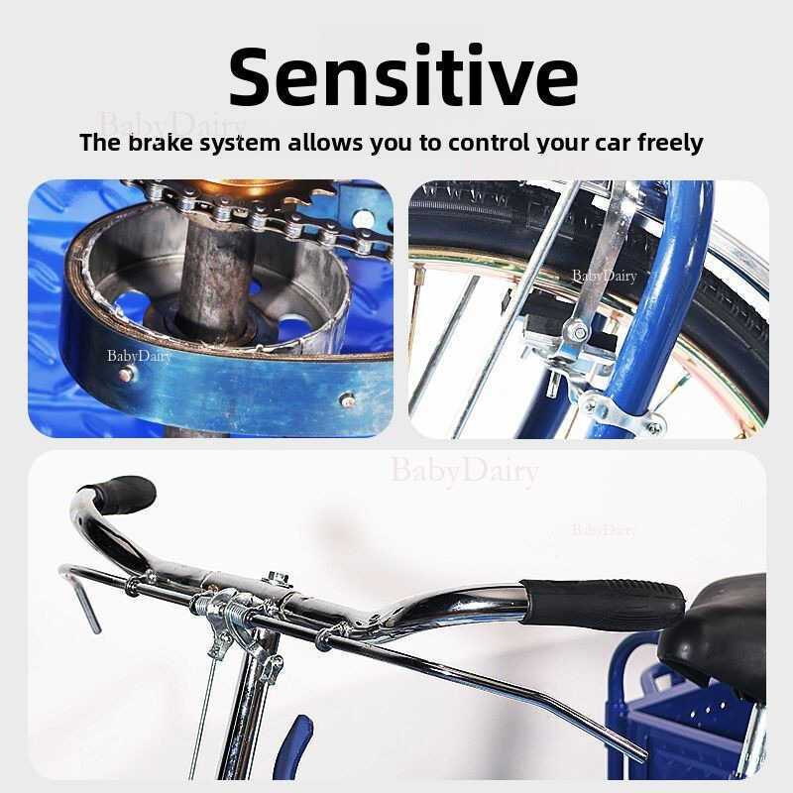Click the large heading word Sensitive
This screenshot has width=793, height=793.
pyautogui.click(x=403, y=76)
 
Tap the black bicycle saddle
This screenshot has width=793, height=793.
pyautogui.click(x=717, y=627)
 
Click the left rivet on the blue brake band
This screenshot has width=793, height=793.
pyautogui.click(x=125, y=375)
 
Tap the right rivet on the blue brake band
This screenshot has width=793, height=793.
pyautogui.click(x=348, y=401)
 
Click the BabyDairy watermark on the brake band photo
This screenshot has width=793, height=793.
pyautogui.click(x=139, y=357)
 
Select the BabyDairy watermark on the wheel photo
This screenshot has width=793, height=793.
pyautogui.click(x=605, y=277)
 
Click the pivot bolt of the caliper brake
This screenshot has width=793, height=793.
pyautogui.click(x=579, y=333)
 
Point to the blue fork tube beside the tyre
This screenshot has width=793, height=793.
pyautogui.click(x=652, y=303)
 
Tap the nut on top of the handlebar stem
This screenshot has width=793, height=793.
pyautogui.click(x=278, y=577)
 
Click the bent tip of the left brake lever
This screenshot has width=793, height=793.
pyautogui.click(x=92, y=613)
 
